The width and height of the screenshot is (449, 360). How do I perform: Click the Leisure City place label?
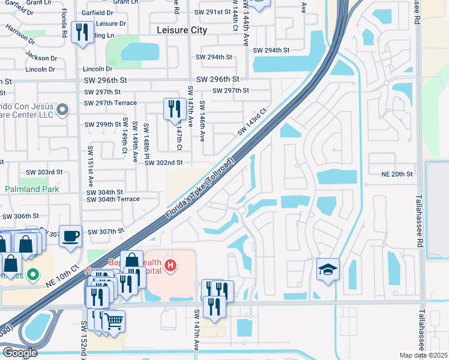(181, 30)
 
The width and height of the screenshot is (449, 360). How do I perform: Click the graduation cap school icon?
(328, 269)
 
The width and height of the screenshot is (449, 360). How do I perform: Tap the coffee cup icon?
(70, 235)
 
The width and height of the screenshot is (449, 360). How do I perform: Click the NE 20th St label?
(397, 174)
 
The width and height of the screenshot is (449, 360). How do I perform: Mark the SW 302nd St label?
(163, 163)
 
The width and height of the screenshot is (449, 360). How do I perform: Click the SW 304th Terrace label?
(113, 199)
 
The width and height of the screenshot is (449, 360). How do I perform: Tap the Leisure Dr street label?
(111, 24)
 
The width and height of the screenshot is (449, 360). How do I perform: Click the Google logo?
(20, 353)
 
